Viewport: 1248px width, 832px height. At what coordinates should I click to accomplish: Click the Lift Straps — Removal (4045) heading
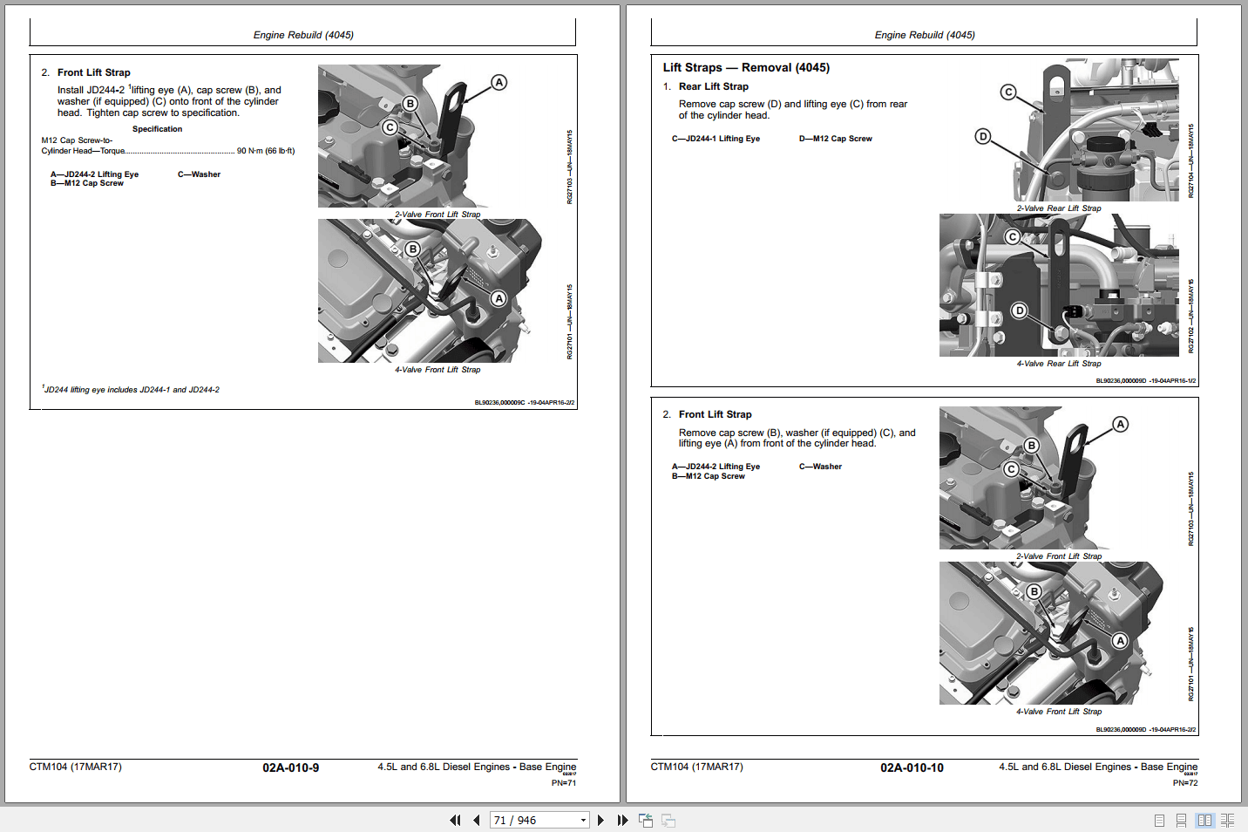(x=746, y=67)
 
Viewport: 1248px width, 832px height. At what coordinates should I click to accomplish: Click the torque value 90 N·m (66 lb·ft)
(x=266, y=151)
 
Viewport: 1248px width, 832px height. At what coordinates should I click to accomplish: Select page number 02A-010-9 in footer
(x=290, y=767)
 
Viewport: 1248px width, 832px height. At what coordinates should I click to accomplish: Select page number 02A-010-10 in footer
(x=912, y=767)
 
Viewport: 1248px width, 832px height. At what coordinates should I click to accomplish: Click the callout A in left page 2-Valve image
(x=499, y=83)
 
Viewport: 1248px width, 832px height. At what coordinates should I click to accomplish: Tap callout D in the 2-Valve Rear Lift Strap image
(x=983, y=136)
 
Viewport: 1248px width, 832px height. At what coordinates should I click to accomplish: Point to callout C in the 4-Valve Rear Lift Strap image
(x=1012, y=237)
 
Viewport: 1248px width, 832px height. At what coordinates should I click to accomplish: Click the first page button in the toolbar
(x=454, y=820)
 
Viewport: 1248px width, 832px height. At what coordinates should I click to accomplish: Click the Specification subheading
(x=157, y=129)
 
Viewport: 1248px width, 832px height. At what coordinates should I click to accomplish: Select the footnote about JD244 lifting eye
(x=131, y=390)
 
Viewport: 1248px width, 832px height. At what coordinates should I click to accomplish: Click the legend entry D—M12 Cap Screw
(x=835, y=139)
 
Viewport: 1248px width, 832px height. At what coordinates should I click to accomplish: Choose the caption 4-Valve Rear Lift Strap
(x=1058, y=364)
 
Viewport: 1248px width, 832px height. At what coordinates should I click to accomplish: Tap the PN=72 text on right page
(x=1184, y=783)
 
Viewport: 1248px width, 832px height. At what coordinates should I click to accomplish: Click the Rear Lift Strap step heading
(x=713, y=86)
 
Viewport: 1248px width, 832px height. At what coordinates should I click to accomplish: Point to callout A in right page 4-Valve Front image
(x=1120, y=641)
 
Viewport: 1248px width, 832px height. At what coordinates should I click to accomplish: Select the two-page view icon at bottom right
(x=1204, y=820)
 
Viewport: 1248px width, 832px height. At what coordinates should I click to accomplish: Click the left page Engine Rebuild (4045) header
(x=303, y=35)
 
